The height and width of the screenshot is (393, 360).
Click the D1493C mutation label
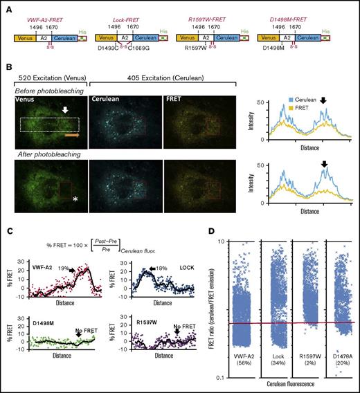click(x=109, y=48)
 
